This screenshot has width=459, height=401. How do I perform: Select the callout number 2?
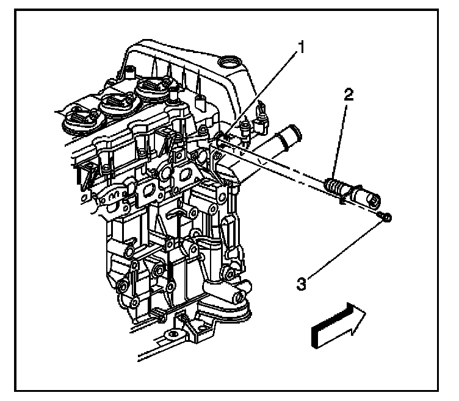click(x=348, y=95)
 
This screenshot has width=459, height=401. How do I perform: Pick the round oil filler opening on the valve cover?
click(x=231, y=63)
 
